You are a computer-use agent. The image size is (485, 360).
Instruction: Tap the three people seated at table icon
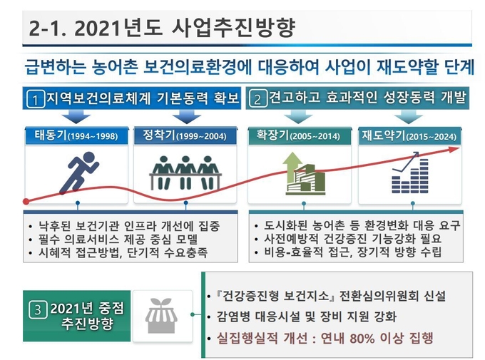coord(185,173)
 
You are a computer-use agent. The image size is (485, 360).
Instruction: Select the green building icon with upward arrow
coord(305,173)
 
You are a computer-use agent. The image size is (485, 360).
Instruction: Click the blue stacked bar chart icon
coord(410,173)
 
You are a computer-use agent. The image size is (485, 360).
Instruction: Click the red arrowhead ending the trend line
coord(454,150)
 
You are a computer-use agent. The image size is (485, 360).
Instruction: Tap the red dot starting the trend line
coord(26,202)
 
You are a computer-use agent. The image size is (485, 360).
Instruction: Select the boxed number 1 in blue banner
coord(35,99)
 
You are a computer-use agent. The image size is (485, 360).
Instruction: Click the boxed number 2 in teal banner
coord(257,99)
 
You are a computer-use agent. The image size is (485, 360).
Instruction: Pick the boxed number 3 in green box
coord(38,309)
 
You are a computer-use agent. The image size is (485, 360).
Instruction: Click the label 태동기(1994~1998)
coord(76,135)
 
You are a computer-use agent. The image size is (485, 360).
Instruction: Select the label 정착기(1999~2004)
coord(185,135)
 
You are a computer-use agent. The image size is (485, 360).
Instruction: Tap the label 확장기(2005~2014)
coord(298,135)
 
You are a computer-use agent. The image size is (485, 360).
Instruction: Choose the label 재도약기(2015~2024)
coord(409,135)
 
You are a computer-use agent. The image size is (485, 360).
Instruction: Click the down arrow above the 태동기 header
coord(76,117)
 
